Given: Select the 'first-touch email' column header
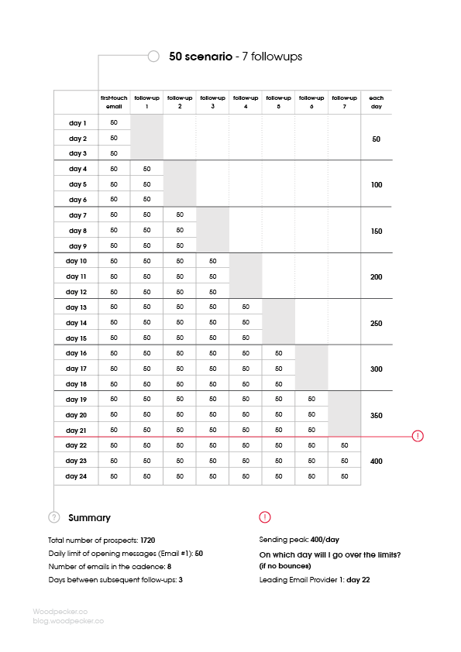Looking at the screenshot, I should (114, 101).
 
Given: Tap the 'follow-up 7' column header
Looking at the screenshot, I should (344, 101).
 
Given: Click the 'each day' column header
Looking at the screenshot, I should (377, 101).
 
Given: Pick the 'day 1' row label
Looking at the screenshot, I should (77, 123).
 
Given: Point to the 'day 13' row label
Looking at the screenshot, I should (77, 307).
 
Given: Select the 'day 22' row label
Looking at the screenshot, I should (77, 445).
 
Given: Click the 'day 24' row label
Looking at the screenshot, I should (77, 476).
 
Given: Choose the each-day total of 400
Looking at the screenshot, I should (377, 461).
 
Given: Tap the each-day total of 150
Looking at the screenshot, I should (377, 231).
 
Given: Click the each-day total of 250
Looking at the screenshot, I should (377, 323).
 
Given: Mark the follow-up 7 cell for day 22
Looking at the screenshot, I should (344, 445).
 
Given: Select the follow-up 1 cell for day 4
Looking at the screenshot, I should (147, 169).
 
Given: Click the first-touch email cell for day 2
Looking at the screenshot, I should (114, 138).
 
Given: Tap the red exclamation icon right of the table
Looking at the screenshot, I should (418, 436).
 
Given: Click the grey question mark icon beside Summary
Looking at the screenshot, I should (53, 517).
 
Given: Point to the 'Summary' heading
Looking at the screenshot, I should (89, 517).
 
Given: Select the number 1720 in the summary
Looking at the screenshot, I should (151, 538).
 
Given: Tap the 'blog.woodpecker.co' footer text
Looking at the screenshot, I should (68, 620).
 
